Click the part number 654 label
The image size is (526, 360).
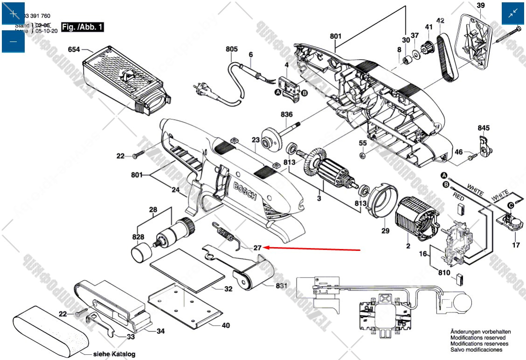[x=74, y=49]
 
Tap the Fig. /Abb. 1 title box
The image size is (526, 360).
[x=83, y=27]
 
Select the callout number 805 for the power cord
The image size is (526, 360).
[x=232, y=49]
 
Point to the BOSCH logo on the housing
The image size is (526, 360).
[x=245, y=191]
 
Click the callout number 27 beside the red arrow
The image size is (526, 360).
[x=258, y=248]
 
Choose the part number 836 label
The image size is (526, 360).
[x=286, y=115]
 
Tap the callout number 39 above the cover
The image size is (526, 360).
[x=481, y=6]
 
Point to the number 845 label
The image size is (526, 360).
[x=484, y=128]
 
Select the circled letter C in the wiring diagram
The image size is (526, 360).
[x=511, y=205]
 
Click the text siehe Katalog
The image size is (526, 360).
[x=114, y=354]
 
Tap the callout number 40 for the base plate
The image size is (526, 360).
[x=226, y=325]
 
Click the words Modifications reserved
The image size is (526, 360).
[x=478, y=338]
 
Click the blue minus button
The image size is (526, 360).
[x=14, y=42]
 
